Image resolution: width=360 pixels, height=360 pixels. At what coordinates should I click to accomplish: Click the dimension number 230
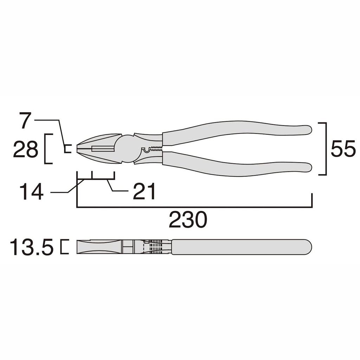coord(188,220)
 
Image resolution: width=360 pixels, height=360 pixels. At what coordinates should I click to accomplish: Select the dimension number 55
coord(343,149)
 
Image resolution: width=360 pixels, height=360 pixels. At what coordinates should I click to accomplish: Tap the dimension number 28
coord(25,150)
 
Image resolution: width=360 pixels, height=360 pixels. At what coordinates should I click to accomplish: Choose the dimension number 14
coord(31,192)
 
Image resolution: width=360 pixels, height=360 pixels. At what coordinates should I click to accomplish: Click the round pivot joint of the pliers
coord(127,149)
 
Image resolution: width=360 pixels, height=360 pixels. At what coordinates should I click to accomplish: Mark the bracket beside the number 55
coord(325,149)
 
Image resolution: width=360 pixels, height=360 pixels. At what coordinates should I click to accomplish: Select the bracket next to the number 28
coord(46,149)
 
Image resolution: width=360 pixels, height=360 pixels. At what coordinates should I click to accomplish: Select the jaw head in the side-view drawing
coord(98,247)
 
